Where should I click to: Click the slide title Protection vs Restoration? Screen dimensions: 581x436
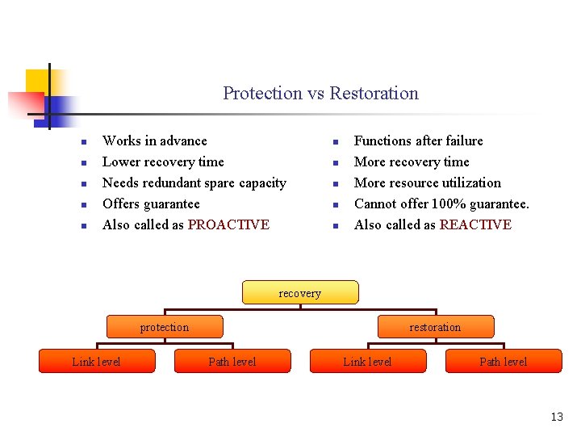pyautogui.click(x=320, y=93)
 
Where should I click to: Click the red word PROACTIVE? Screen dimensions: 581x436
pyautogui.click(x=228, y=224)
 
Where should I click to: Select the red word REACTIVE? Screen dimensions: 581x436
pyautogui.click(x=475, y=224)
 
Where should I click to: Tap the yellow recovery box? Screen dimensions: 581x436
pyautogui.click(x=299, y=292)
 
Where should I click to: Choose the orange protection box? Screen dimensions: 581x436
pyautogui.click(x=165, y=326)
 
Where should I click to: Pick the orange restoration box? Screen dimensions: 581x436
pyautogui.click(x=435, y=326)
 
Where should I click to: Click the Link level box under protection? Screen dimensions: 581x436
pyautogui.click(x=97, y=361)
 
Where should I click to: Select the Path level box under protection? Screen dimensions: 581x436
pyautogui.click(x=232, y=361)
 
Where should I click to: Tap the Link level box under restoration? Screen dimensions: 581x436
pyautogui.click(x=367, y=361)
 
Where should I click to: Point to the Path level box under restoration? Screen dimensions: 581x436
pyautogui.click(x=503, y=361)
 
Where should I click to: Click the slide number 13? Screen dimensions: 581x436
pyautogui.click(x=557, y=417)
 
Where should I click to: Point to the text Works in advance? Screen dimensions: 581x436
pyautogui.click(x=154, y=140)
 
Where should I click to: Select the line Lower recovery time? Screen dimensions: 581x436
pyautogui.click(x=163, y=161)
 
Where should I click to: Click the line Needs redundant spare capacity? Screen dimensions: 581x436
pyautogui.click(x=194, y=182)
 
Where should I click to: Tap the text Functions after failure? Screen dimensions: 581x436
pyautogui.click(x=418, y=140)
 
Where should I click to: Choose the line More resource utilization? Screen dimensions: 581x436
pyautogui.click(x=427, y=182)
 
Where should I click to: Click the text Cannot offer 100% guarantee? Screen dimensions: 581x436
pyautogui.click(x=441, y=203)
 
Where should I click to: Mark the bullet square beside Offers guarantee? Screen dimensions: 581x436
pyautogui.click(x=84, y=205)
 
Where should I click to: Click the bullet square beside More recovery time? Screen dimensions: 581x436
pyautogui.click(x=335, y=163)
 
